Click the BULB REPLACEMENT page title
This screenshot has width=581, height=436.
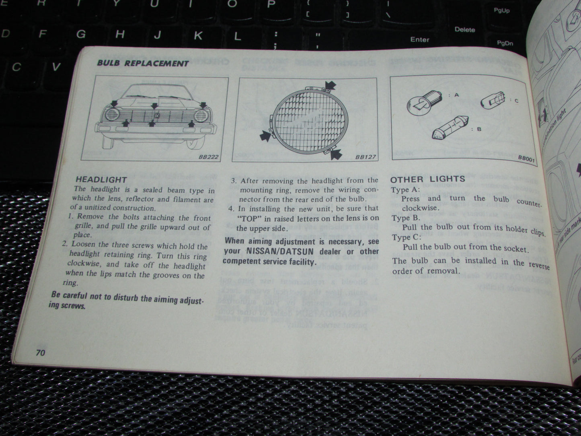coord(143,63)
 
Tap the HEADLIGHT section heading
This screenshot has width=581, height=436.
coord(101,179)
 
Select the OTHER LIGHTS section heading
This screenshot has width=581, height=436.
coord(427,179)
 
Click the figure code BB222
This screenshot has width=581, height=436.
coord(208,156)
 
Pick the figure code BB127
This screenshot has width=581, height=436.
coord(365,157)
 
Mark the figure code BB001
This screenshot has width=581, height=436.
coord(526,159)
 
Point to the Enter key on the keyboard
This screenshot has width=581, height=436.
coord(420,39)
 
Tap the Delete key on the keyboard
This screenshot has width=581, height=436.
coord(464,29)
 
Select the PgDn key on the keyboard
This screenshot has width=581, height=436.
coord(505,43)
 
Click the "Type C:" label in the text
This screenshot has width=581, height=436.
coord(406,237)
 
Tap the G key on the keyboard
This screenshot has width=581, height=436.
coord(81,34)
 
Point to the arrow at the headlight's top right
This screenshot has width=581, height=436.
coord(330,84)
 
